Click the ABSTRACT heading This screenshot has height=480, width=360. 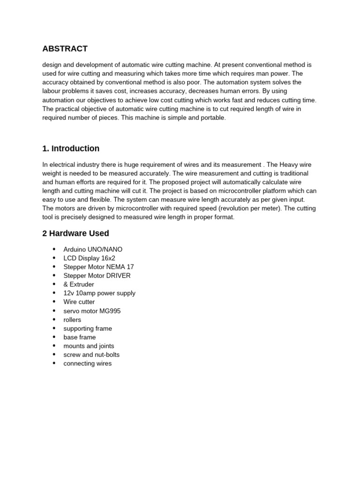[65, 49]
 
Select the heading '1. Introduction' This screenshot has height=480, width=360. [71, 149]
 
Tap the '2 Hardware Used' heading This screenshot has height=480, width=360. [75, 233]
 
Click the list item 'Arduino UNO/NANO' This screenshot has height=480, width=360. [93, 249]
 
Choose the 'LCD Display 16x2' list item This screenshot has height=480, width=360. [89, 258]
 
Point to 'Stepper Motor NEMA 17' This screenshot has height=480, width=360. [98, 267]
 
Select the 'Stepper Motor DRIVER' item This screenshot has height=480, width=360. [97, 276]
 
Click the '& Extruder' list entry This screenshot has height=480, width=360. [79, 285]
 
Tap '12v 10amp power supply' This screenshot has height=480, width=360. [99, 293]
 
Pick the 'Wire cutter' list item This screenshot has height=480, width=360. [79, 302]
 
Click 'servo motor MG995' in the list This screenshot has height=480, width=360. [92, 311]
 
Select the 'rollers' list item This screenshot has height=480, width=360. [72, 320]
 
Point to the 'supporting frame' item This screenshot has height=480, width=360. [88, 329]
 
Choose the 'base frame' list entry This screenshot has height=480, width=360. [80, 337]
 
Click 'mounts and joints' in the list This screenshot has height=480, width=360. [89, 346]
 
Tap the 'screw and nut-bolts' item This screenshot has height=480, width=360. [91, 355]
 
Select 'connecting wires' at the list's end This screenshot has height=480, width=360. [88, 363]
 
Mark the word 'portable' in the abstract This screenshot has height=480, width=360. [213, 118]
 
